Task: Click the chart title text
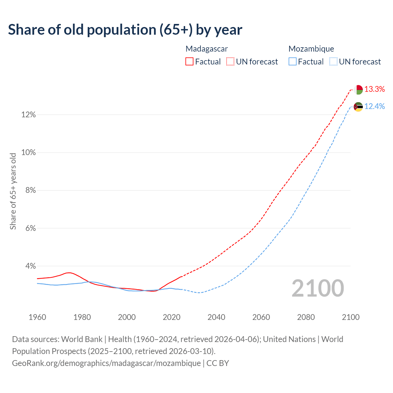[125, 30]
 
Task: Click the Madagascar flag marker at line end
[358, 90]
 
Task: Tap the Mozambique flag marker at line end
[358, 107]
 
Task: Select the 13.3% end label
[375, 89]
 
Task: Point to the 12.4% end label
[375, 107]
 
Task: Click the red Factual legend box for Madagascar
[189, 62]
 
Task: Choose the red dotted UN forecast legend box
[230, 62]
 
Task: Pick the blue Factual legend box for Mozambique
[292, 62]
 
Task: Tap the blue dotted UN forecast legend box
[333, 62]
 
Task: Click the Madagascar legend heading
[207, 49]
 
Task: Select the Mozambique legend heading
[311, 49]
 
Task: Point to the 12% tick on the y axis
[29, 115]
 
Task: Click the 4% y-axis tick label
[30, 266]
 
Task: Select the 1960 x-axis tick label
[37, 317]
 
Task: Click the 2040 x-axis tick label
[216, 317]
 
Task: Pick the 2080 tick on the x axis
[306, 317]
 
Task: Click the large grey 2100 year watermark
[318, 288]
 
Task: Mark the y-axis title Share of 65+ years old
[13, 191]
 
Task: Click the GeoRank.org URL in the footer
[106, 363]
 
